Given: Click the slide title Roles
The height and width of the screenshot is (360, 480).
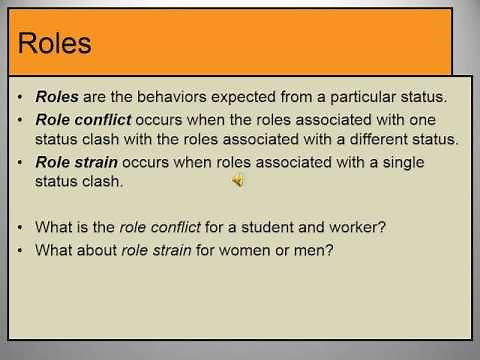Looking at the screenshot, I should (x=56, y=44).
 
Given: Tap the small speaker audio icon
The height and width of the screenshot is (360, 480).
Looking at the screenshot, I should (x=238, y=180).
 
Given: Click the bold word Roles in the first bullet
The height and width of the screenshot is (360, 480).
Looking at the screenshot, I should (x=56, y=98).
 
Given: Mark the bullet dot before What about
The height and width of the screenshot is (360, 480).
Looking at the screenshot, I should (x=20, y=249).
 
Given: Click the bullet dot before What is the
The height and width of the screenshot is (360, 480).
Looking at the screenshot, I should (x=20, y=228).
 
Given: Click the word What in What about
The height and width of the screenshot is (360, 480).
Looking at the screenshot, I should (x=53, y=249).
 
